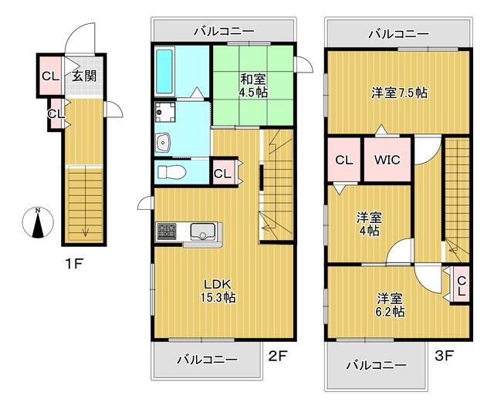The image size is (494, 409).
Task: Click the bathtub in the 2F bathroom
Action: (x=165, y=70)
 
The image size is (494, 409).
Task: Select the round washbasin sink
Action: (x=164, y=141)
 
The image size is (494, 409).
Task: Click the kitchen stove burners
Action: (x=167, y=230)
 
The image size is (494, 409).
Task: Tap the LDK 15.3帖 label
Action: (x=218, y=289)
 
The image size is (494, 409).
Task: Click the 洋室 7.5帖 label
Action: (x=399, y=93)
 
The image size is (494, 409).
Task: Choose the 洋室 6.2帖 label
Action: (x=390, y=304)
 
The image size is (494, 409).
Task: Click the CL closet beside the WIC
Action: (x=343, y=160)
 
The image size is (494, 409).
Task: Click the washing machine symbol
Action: (x=165, y=113)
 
